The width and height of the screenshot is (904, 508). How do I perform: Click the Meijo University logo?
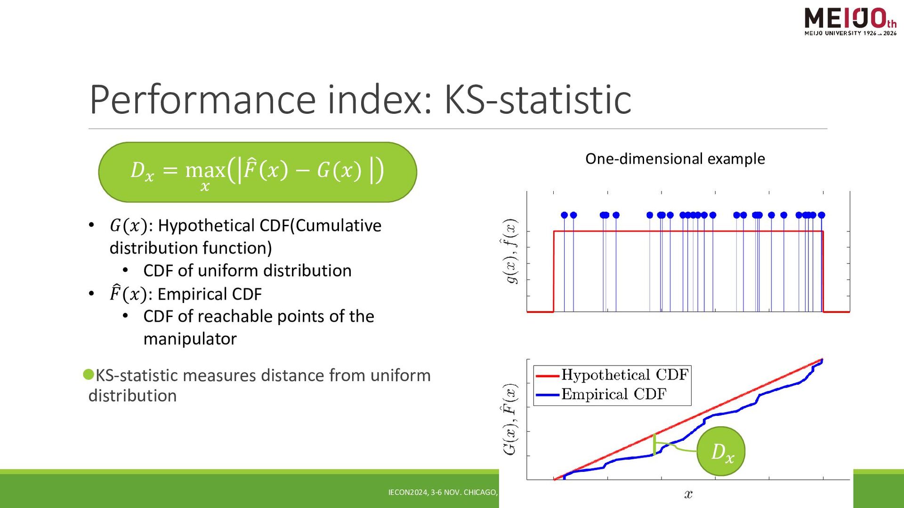point(850,21)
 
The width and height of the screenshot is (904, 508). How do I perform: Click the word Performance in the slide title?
point(202,99)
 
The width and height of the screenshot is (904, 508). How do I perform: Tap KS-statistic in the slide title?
point(538,99)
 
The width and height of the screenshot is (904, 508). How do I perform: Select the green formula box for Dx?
point(258,172)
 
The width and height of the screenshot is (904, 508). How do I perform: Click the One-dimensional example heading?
point(675,159)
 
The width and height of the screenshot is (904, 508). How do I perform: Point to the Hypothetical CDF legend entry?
point(612,375)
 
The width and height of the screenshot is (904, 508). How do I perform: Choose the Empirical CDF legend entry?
point(601,394)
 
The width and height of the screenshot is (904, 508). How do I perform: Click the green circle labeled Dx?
point(721,451)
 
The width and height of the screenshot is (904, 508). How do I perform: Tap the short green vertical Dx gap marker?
point(654,444)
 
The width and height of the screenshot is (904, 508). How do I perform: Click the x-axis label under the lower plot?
point(688,494)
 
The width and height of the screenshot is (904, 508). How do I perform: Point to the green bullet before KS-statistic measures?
point(89,374)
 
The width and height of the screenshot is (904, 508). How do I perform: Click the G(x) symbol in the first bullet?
point(128,226)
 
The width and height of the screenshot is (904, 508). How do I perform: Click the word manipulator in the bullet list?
point(190,339)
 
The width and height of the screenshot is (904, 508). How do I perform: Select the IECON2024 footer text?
point(443,492)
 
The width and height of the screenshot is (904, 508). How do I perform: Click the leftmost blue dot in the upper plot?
point(564,215)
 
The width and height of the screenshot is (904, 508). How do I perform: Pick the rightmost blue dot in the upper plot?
point(822,215)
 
